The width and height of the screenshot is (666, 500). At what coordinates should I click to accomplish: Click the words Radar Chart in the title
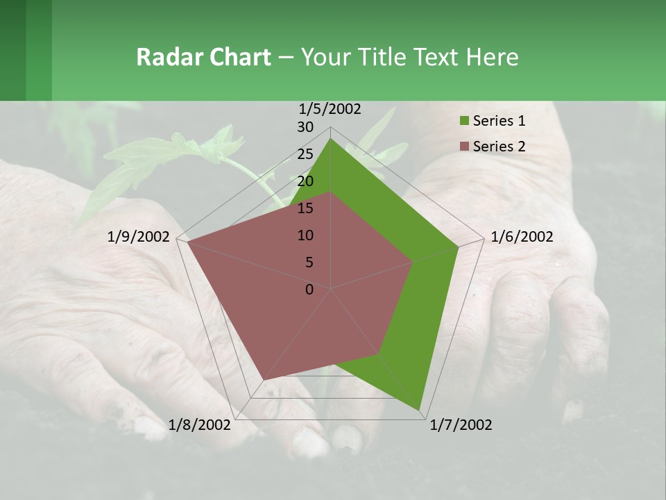coord(203,57)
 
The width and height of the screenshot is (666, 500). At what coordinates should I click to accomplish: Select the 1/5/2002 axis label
coord(330,109)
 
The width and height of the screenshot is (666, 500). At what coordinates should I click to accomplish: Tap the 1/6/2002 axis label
coord(522,237)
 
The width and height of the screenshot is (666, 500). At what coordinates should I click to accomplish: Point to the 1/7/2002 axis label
coord(461,425)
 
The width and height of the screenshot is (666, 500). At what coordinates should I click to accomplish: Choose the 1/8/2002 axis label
coord(200,425)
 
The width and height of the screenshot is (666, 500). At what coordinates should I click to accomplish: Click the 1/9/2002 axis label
coord(139,237)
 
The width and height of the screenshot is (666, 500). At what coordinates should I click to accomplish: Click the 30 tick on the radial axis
coord(305,127)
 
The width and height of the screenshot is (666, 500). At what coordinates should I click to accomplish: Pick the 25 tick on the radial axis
coord(305,154)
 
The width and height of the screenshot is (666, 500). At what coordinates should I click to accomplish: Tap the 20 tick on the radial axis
coord(305,181)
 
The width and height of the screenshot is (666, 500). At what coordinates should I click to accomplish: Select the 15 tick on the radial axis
coord(305,208)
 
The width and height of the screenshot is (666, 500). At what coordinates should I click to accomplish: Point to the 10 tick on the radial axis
coord(305,235)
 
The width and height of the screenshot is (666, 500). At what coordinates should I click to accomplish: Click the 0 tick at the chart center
coord(309,290)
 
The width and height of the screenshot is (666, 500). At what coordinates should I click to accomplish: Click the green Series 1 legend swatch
coord(463,122)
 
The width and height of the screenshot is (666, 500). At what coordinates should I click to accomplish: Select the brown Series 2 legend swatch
coord(463,147)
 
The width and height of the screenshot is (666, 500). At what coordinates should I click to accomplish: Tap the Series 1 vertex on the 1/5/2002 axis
coord(330,138)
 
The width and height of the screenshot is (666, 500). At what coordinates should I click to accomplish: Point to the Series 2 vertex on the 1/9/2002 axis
coord(187,242)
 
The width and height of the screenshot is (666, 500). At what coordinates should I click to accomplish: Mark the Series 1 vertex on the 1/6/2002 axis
coord(459,247)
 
